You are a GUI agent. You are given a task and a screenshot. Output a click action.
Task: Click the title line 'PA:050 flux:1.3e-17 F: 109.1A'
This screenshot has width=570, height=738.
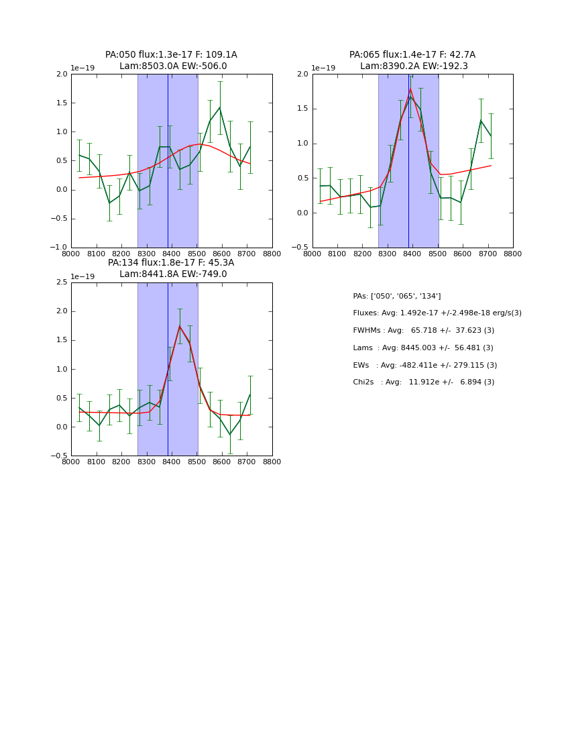click(x=171, y=55)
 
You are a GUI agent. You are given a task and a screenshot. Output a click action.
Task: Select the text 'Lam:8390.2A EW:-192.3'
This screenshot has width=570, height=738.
click(x=412, y=66)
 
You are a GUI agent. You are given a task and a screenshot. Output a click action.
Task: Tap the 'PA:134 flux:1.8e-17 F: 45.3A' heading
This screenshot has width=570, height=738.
click(x=171, y=263)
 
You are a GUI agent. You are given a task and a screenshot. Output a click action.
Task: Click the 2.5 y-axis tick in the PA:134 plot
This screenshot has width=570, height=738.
click(x=62, y=282)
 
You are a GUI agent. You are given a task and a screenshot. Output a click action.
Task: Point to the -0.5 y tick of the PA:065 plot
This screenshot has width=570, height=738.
click(x=302, y=248)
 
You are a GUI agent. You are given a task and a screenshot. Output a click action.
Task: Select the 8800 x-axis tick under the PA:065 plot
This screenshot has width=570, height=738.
click(x=513, y=254)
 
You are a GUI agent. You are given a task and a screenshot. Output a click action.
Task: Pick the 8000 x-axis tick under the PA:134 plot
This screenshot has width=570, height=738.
click(x=71, y=462)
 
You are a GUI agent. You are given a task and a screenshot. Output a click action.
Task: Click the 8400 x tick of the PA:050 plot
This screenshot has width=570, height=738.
click(x=172, y=254)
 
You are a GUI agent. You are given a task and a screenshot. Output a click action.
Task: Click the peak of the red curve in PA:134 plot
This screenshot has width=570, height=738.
click(x=179, y=327)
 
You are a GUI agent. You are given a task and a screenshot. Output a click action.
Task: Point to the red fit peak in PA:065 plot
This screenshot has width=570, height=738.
click(x=410, y=89)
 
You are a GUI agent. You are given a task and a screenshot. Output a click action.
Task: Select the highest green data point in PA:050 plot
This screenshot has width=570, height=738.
click(x=219, y=107)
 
